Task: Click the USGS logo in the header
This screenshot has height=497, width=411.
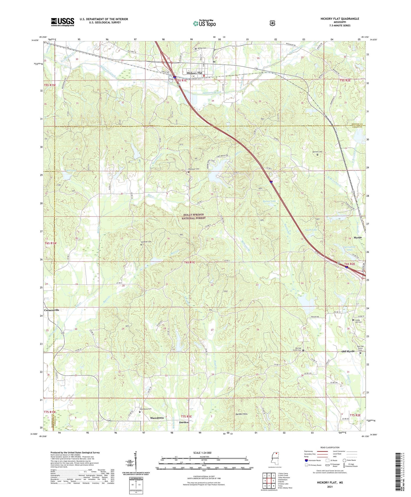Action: click(62, 22)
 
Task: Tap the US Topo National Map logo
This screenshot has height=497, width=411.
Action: click(204, 23)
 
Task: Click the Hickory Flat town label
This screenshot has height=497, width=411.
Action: click(194, 73)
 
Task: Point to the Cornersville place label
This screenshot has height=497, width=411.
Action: click(52, 310)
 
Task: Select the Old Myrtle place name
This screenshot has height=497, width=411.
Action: click(348, 351)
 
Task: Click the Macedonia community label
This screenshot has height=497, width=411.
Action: click(157, 418)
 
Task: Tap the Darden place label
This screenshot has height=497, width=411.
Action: click(184, 422)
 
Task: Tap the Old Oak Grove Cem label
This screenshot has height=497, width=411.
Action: click(297, 349)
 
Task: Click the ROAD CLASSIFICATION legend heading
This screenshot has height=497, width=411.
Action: click(328, 448)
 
